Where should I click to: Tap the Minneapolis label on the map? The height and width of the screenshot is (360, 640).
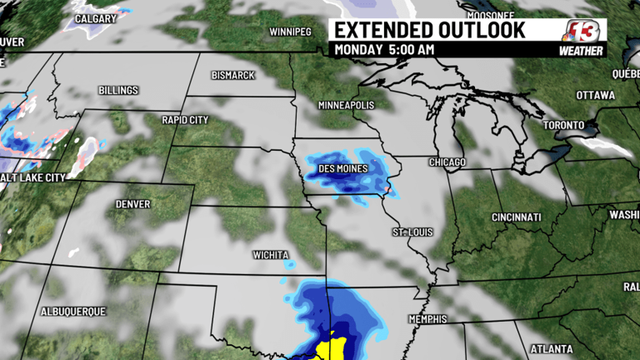tap(346, 106)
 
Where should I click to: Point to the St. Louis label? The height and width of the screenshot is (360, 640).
tap(412, 231)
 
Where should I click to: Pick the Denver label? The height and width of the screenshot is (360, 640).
tap(133, 203)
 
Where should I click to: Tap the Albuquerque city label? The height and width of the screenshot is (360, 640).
tap(73, 311)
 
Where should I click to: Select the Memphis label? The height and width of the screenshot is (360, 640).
tap(428, 319)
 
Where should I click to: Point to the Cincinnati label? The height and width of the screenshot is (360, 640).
tap(516, 217)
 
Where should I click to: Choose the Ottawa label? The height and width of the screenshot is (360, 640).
tap(595, 95)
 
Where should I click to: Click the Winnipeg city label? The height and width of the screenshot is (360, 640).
tap(290, 32)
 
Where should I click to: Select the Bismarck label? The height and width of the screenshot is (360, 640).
tap(233, 75)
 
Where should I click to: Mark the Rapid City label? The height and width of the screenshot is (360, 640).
tap(186, 119)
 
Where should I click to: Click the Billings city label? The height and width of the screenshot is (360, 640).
tap(118, 90)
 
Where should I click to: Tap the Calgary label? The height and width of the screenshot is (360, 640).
tap(95, 18)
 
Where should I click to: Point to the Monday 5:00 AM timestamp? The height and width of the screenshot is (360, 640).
tap(384, 50)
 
